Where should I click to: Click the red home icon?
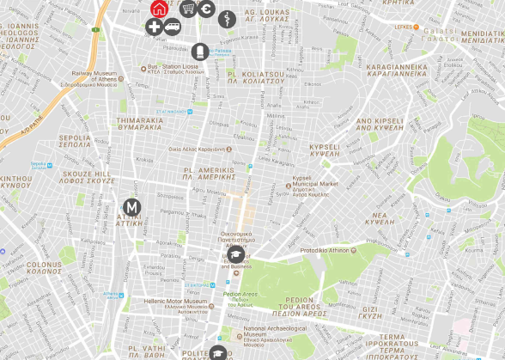(159, 9)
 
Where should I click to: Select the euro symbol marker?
(207, 9)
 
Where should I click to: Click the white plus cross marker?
(155, 27)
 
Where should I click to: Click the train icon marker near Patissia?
(199, 52)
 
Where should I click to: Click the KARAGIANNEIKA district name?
(396, 70)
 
